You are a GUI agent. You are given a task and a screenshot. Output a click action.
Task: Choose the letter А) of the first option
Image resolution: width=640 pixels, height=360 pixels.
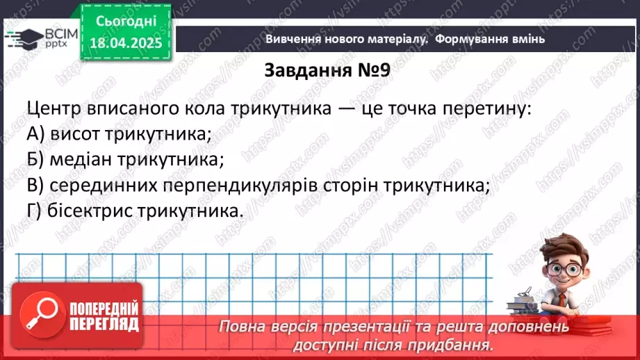click(36, 134)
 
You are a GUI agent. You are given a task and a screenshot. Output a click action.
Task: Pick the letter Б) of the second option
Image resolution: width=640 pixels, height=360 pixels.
click(36, 160)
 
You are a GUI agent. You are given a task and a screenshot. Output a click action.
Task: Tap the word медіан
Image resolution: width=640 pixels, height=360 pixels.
click(84, 160)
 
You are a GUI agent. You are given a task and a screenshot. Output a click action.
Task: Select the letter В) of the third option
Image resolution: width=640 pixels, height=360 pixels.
click(36, 186)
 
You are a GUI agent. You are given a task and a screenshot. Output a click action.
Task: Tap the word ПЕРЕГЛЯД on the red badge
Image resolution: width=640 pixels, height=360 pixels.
click(105, 325)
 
